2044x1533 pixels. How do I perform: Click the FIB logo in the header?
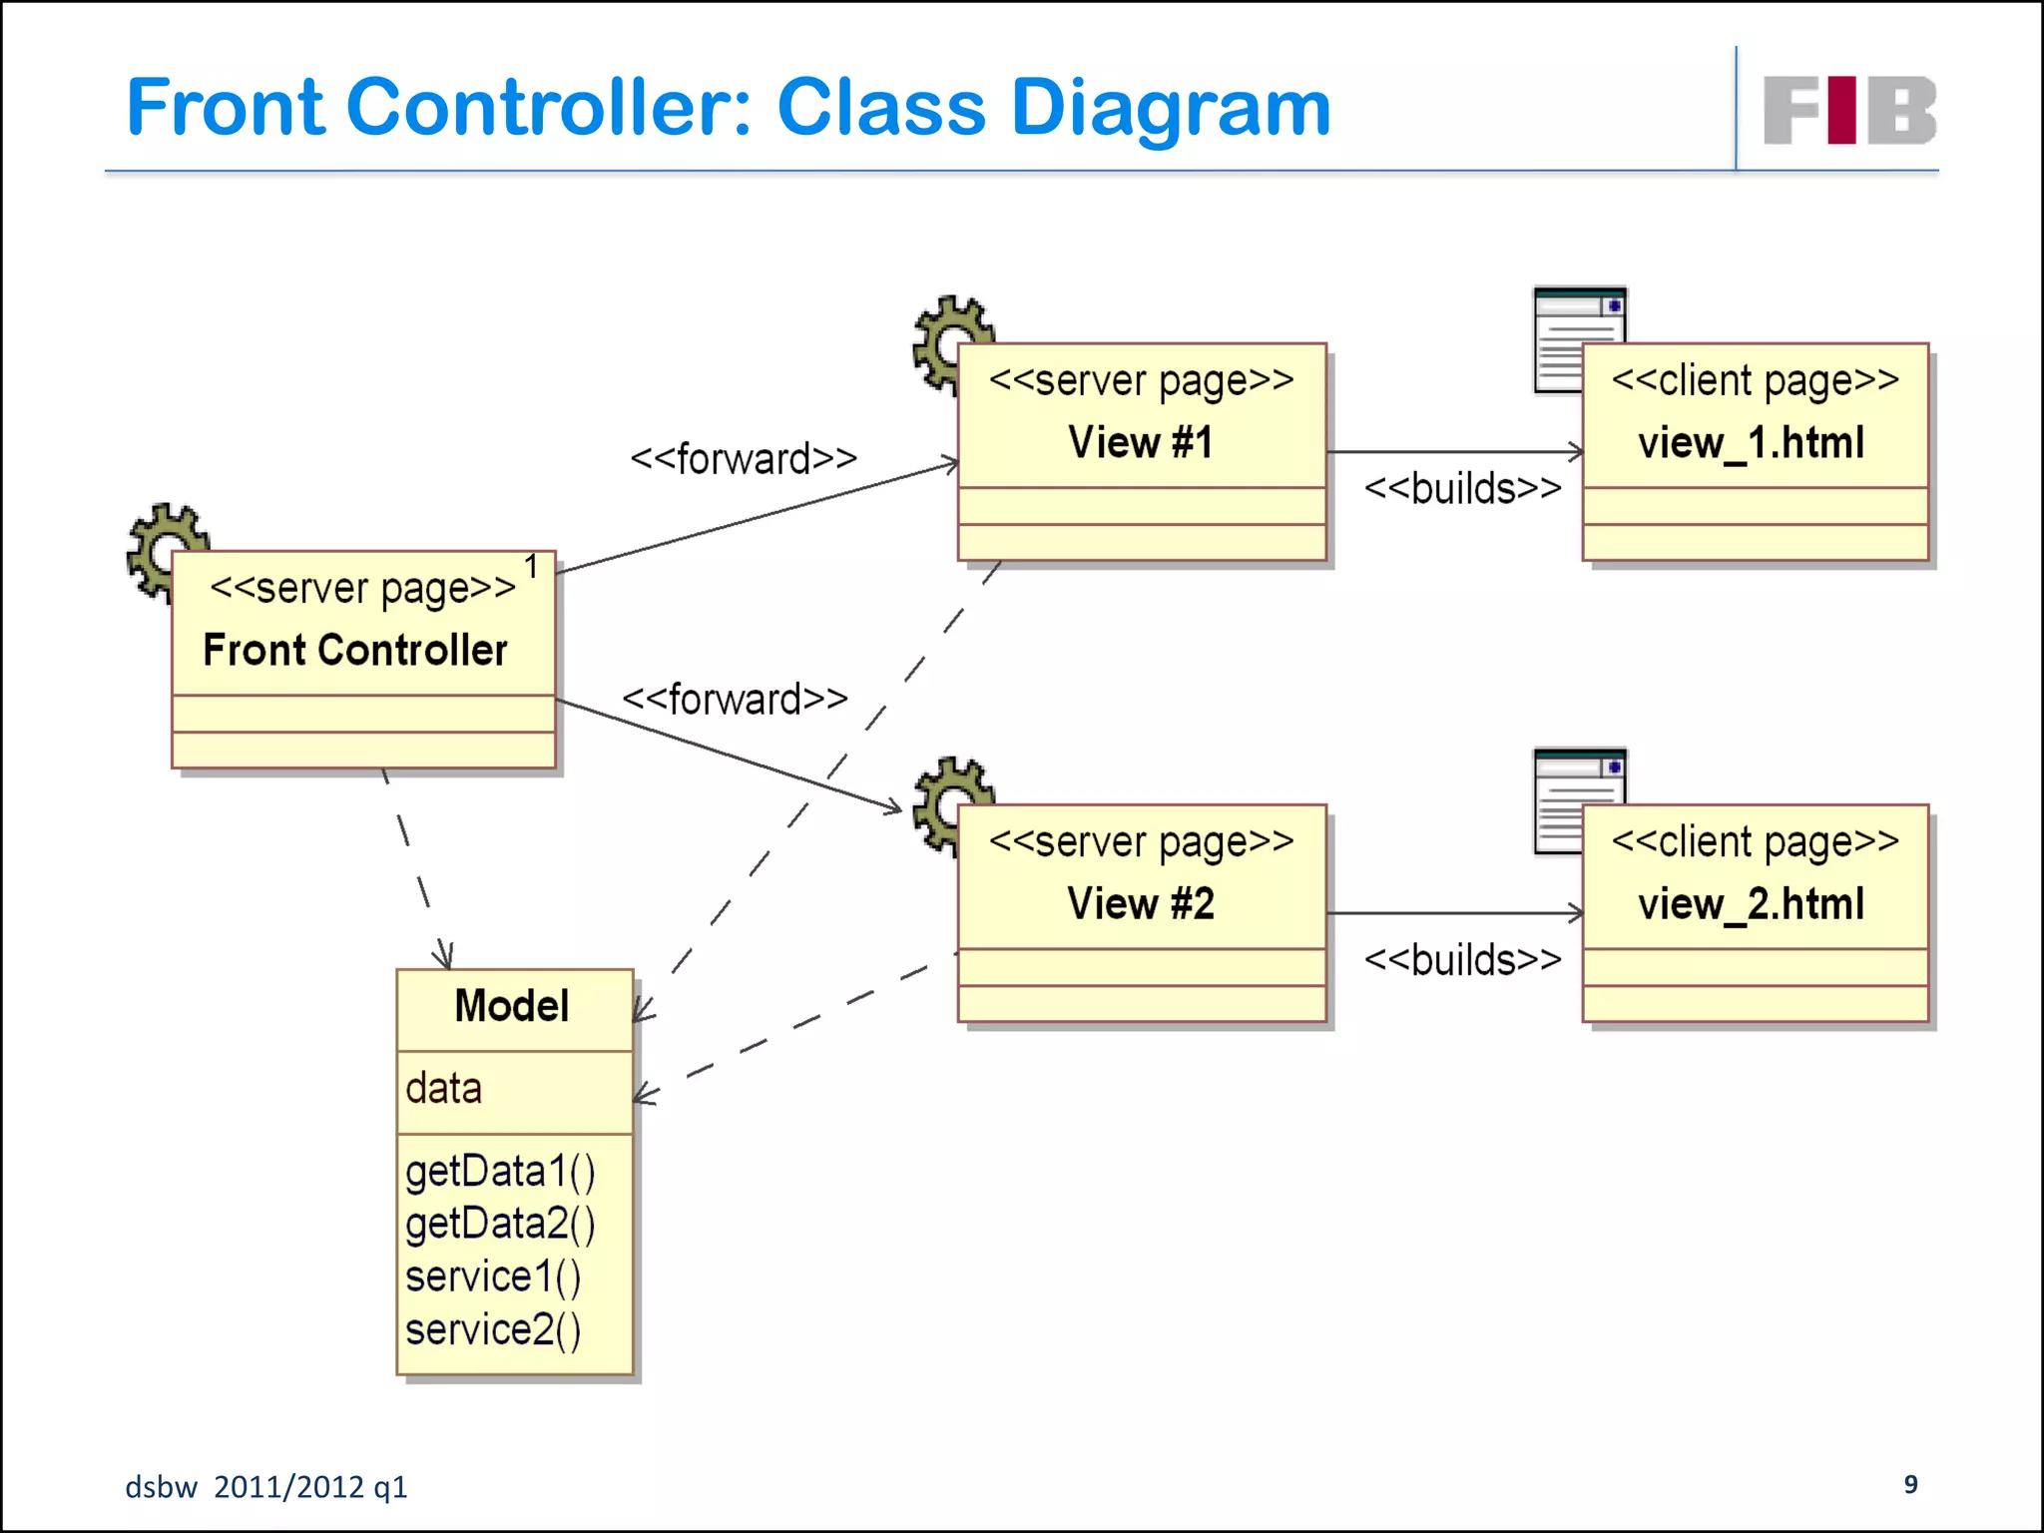tap(1849, 110)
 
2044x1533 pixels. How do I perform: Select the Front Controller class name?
tap(355, 650)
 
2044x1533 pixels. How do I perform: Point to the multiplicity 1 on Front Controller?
tap(532, 567)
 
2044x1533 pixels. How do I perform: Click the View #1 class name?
tap(1141, 442)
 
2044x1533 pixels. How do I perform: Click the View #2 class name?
tap(1141, 903)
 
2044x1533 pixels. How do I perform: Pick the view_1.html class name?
tap(1752, 442)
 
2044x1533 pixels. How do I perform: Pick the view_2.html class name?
tap(1752, 903)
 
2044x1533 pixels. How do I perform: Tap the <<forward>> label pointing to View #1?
tap(744, 459)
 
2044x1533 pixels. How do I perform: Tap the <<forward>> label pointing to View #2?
tap(736, 699)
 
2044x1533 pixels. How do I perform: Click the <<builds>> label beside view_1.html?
tap(1462, 489)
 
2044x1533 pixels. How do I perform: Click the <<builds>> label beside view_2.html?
tap(1462, 960)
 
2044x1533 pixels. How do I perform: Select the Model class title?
tap(512, 1006)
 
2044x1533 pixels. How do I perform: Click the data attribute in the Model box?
tap(444, 1088)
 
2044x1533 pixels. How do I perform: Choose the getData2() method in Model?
tap(500, 1224)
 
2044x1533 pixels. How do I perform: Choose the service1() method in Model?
tap(493, 1277)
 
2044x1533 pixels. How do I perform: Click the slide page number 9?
tap(1910, 1484)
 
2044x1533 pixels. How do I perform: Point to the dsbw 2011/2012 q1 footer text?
tap(266, 1487)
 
